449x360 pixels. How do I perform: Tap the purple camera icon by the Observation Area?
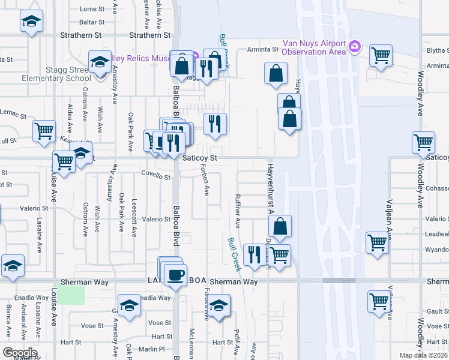[x=355, y=46]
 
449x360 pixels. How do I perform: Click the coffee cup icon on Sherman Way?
[x=175, y=275]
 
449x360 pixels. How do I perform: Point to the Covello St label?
[x=156, y=177]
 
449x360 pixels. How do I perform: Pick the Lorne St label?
[x=92, y=9]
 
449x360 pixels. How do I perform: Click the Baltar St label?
[x=92, y=22]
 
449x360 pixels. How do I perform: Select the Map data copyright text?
[x=424, y=355]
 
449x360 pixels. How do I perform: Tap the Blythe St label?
[x=436, y=52]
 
